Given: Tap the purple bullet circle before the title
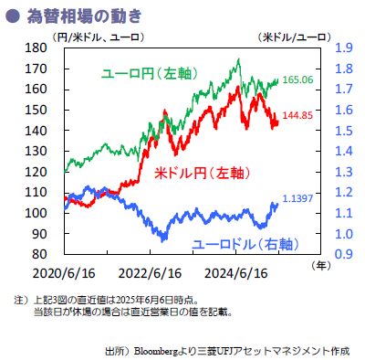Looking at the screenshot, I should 12,15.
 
